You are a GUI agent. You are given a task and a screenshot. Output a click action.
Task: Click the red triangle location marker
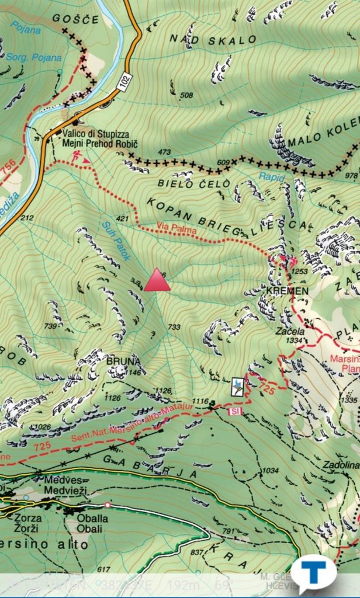point(157,280)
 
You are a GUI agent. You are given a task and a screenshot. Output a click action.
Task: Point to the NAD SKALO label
point(213,39)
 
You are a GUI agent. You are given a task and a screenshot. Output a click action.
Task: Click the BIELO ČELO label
point(185,183)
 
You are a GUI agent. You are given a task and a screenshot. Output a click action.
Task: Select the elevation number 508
point(186,95)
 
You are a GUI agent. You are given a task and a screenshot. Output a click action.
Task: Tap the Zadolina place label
point(341,465)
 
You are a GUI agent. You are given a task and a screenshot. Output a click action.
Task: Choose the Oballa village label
point(92,518)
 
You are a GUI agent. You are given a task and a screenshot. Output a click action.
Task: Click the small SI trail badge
point(234,412)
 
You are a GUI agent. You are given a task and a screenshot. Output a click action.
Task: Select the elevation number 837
point(197,552)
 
